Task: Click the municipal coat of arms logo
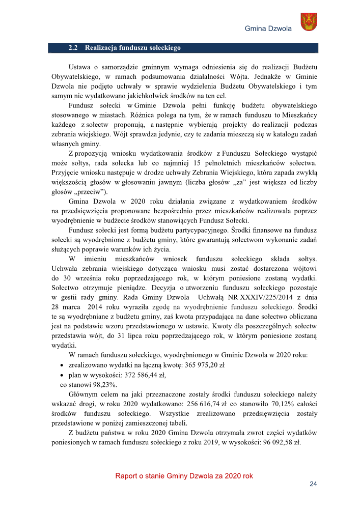click(310, 22)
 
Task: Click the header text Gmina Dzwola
click(268, 29)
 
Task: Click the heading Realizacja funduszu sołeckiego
click(133, 48)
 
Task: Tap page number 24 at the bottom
click(313, 484)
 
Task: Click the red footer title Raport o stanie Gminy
click(184, 476)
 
